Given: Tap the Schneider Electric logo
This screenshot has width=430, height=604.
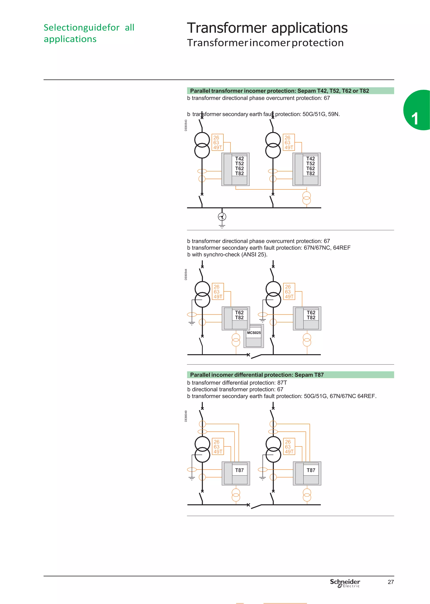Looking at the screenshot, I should coord(345,583).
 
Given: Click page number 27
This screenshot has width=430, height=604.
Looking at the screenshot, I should coord(391,582).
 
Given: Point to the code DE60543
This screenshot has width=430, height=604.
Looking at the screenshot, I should coord(186,125).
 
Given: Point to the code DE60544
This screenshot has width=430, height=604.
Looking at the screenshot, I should coord(186,274).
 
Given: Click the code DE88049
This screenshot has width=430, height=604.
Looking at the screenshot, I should coord(186,416).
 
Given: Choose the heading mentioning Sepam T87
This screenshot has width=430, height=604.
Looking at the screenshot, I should coord(257,375).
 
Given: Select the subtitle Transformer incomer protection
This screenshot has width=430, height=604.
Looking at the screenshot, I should coord(265,43).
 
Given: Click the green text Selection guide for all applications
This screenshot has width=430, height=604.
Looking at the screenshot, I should coord(89,33).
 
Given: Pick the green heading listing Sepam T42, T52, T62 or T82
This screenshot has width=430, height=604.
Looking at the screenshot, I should coord(279,91).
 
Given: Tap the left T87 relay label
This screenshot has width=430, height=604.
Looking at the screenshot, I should coord(239,470).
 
